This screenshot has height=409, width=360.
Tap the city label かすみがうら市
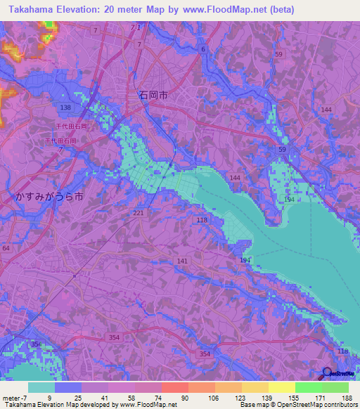[x=49, y=197]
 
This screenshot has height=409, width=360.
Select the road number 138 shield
[x=65, y=107]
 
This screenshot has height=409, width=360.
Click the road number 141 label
[x=182, y=261]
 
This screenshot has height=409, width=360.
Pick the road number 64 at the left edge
[x=6, y=248]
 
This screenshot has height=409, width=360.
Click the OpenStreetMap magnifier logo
[x=327, y=374]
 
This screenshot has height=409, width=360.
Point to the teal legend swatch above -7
[x=41, y=387]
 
